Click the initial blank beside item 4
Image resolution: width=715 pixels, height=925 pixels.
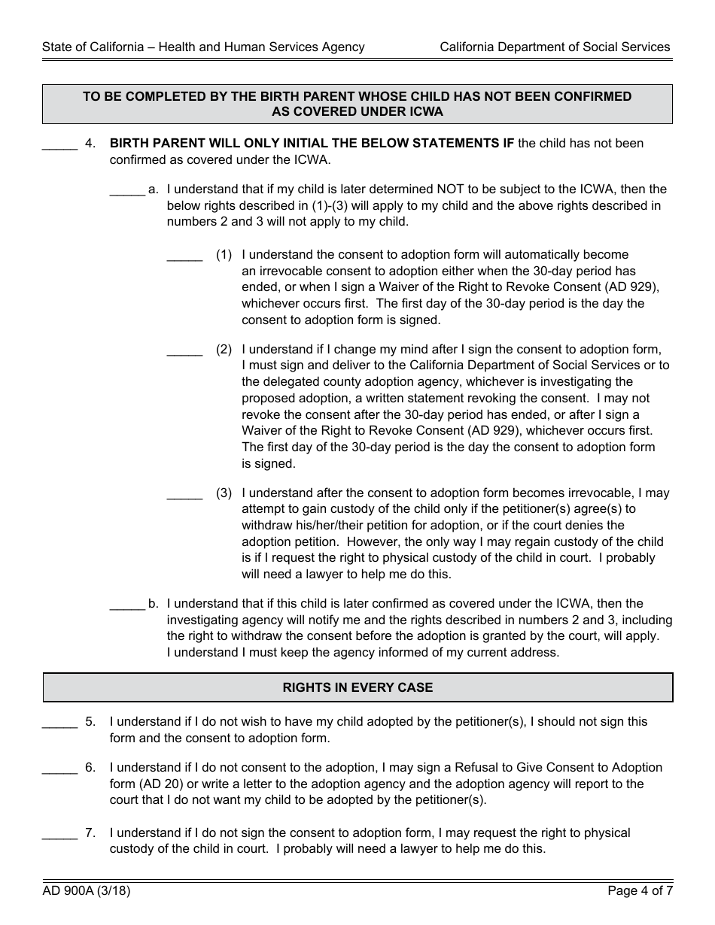(x=59, y=145)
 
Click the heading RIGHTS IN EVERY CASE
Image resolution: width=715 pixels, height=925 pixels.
(x=357, y=687)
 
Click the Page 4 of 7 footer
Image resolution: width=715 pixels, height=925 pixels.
(x=640, y=892)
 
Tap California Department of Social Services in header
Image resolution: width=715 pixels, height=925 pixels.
(x=555, y=47)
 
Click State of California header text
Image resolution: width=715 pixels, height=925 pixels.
(x=203, y=47)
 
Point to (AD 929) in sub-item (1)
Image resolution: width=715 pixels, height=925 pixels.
(x=631, y=287)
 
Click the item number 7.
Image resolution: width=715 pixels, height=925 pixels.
(x=90, y=833)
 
